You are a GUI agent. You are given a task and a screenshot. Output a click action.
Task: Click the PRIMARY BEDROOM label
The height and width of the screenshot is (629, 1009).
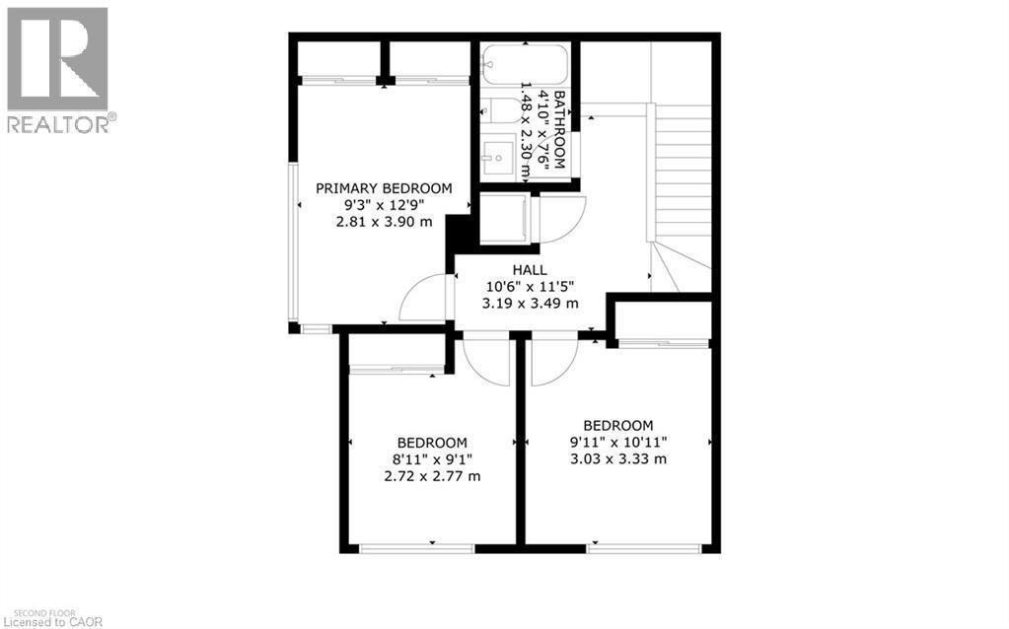[384, 188]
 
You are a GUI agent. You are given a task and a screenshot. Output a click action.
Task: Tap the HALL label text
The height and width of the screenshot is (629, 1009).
[530, 270]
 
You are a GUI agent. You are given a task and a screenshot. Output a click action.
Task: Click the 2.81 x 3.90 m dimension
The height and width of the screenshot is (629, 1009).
[384, 222]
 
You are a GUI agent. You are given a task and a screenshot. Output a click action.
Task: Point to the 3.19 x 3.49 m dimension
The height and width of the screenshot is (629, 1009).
[530, 304]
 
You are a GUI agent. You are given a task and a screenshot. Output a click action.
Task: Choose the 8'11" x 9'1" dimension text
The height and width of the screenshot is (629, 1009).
[432, 459]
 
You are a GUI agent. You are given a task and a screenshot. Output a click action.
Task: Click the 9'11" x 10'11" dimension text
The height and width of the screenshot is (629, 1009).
[617, 442]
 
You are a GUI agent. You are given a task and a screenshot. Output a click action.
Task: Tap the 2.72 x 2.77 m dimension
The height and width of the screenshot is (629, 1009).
[432, 476]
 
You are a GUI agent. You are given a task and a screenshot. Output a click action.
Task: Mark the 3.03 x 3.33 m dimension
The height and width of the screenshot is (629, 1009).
[617, 458]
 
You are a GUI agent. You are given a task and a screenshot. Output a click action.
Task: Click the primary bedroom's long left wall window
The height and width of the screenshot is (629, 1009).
[293, 242]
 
